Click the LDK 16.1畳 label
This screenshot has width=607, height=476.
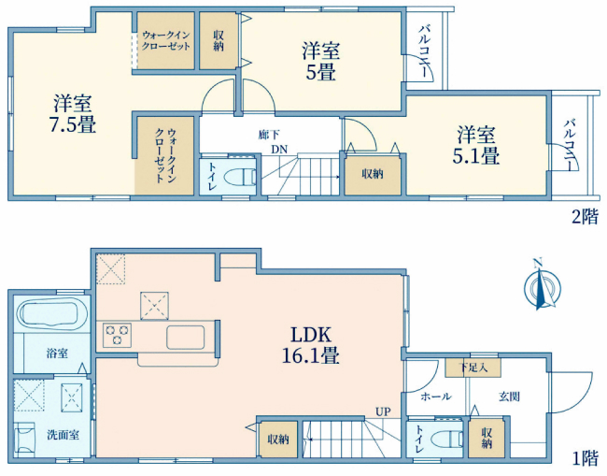click(311, 345)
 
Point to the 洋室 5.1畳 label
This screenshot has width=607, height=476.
click(475, 144)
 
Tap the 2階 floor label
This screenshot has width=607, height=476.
click(585, 218)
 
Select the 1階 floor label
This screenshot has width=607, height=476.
click(585, 458)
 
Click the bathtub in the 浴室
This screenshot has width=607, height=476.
click(50, 315)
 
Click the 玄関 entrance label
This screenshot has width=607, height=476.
click(509, 397)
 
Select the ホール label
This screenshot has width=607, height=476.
click(436, 397)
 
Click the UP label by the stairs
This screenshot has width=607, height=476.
click(383, 411)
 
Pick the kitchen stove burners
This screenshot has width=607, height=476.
click(118, 335)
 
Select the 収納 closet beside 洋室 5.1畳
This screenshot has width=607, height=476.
click(371, 173)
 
